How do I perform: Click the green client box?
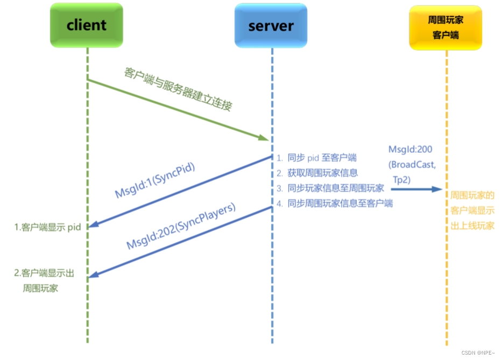pyautogui.click(x=87, y=25)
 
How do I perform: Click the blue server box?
pyautogui.click(x=271, y=26)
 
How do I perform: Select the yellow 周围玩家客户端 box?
pyautogui.click(x=445, y=27)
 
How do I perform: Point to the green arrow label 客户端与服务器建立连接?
pyautogui.click(x=178, y=89)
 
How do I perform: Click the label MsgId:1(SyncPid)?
pyautogui.click(x=155, y=181)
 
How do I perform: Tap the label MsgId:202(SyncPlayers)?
pyautogui.click(x=181, y=227)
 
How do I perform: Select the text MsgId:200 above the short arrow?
pyautogui.click(x=410, y=150)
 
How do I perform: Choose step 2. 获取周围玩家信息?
pyautogui.click(x=317, y=173)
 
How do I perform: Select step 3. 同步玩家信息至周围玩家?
pyautogui.click(x=330, y=188)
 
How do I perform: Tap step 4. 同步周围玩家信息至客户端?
pyautogui.click(x=335, y=203)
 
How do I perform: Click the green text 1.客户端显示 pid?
pyautogui.click(x=47, y=227)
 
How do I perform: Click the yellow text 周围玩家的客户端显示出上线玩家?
pyautogui.click(x=472, y=210)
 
